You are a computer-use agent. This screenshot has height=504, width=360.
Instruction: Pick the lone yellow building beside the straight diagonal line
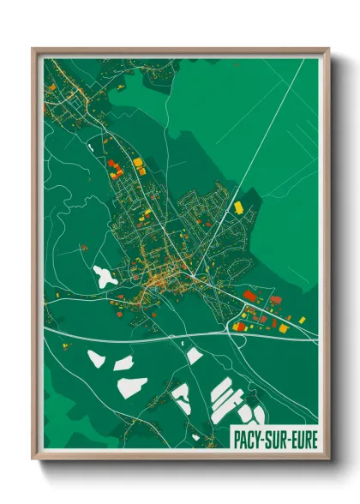[238, 207]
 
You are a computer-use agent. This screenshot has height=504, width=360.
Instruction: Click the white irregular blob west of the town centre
[105, 276]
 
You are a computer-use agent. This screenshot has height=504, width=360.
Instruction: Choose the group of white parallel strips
[225, 397]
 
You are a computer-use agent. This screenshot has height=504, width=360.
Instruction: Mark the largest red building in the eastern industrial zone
[250, 295]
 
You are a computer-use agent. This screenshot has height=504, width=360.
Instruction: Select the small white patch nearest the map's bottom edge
[195, 436]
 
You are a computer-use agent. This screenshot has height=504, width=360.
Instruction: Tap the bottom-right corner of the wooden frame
[328, 459]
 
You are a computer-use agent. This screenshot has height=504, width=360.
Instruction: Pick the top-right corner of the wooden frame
[328, 50]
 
